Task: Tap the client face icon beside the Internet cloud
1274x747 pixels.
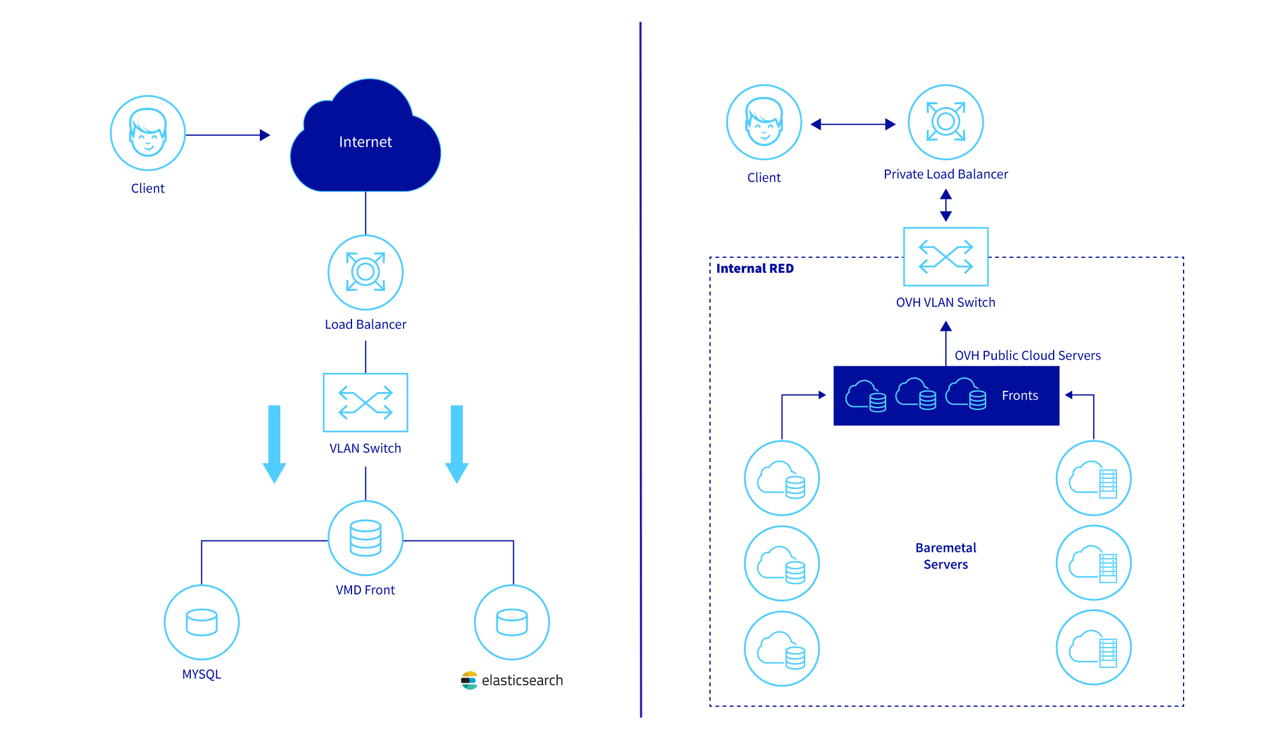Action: [148, 133]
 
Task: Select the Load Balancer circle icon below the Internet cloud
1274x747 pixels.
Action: [365, 272]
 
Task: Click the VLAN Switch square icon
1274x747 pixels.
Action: [365, 402]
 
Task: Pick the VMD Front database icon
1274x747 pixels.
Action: [365, 538]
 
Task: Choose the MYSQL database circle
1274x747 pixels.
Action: [202, 622]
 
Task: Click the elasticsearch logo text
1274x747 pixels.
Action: [521, 681]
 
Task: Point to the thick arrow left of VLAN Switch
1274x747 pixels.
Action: [274, 444]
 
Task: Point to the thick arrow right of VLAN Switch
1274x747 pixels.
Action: [457, 444]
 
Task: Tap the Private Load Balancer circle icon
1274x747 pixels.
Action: [945, 122]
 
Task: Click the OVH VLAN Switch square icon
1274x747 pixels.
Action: [945, 257]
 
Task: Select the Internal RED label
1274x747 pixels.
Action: [755, 269]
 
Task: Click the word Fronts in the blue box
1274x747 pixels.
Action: [1020, 396]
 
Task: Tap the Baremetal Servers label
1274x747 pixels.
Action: [945, 556]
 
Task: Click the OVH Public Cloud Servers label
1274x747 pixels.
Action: [1027, 356]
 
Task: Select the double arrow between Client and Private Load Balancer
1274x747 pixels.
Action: [853, 124]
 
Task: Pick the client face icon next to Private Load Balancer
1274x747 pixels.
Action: [764, 122]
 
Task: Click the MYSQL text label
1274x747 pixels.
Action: [202, 675]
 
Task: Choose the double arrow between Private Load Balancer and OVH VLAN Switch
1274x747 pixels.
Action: [946, 205]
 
